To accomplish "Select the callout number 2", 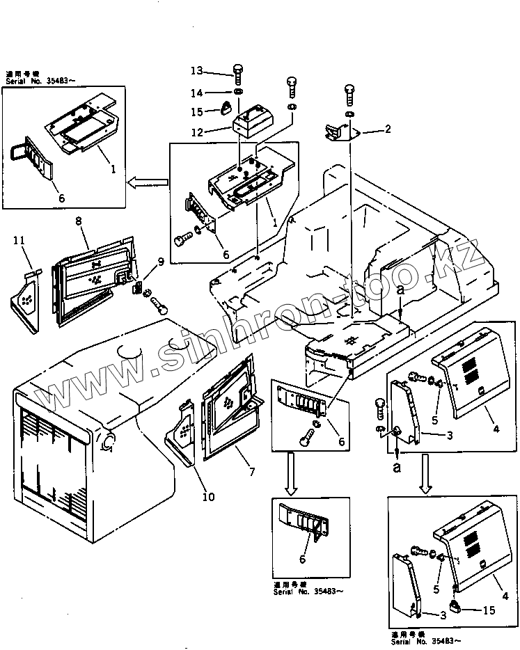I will (388, 129).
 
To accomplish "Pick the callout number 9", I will (161, 262).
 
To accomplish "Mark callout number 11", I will (19, 241).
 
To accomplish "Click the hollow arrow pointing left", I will (148, 182).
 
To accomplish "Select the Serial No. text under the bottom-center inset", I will (307, 592).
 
